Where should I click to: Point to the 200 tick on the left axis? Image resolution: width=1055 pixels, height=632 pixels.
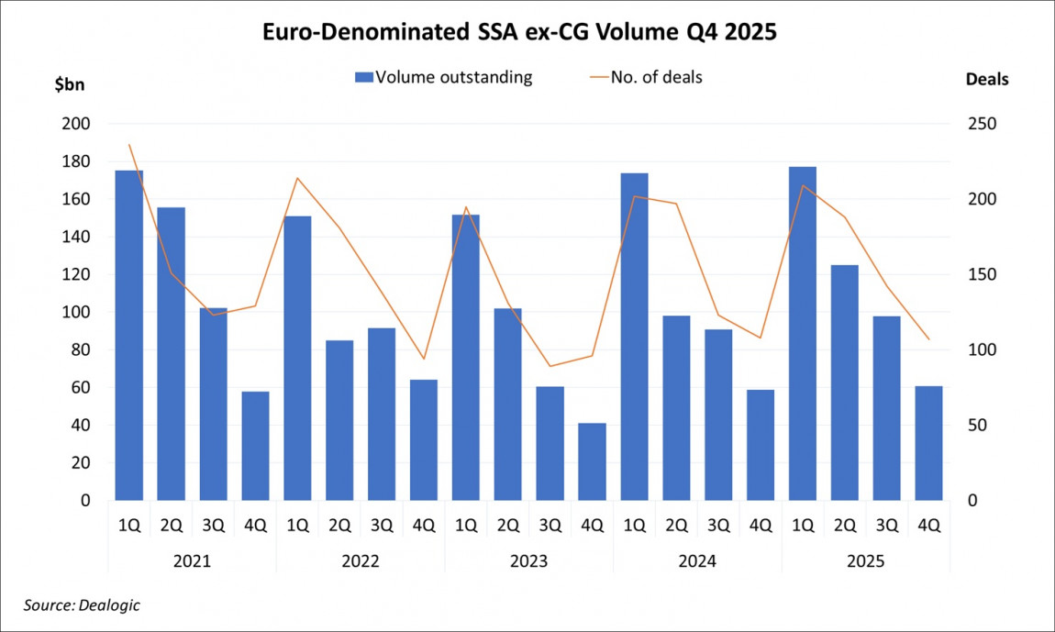coord(77,124)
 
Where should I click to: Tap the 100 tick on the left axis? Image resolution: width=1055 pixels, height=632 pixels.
coord(77,312)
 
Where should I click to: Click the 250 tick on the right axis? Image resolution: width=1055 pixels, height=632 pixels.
coord(983,124)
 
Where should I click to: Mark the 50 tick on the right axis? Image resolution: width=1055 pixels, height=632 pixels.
coord(980,426)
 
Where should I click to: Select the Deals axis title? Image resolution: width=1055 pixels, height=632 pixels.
coord(986,80)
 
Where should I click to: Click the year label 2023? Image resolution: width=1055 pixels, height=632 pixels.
coord(528,560)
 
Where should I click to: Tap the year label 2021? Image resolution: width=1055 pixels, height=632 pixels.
coord(192,560)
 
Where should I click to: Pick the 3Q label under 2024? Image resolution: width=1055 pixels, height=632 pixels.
coord(718,527)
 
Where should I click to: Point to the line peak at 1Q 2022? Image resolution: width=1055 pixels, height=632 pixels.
coord(296,178)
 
